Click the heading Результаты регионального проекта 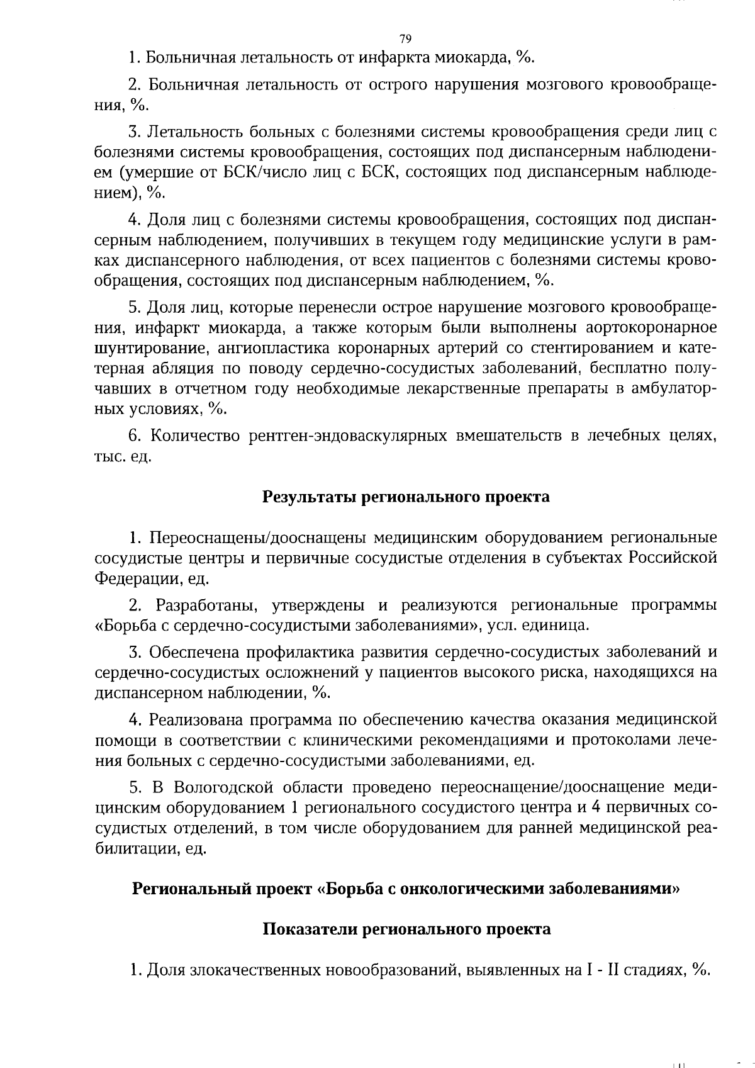point(406,497)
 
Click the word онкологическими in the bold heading point(473,889)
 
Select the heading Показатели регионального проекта point(406,929)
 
